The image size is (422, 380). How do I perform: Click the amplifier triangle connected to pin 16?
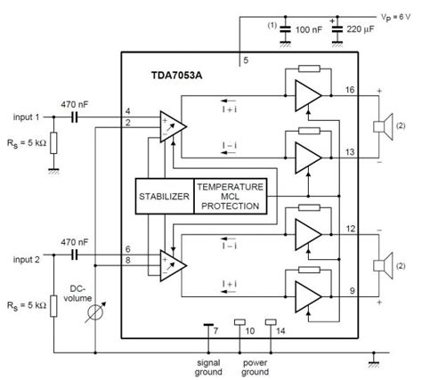click(306, 99)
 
